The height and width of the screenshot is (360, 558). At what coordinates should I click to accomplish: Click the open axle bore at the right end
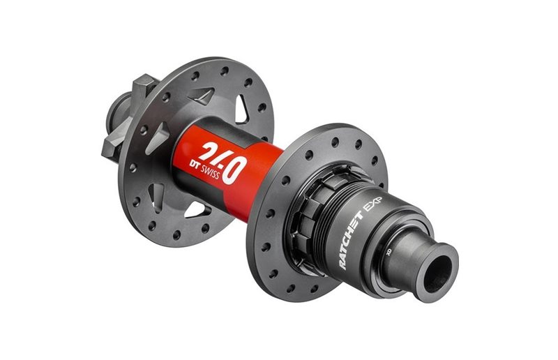438,264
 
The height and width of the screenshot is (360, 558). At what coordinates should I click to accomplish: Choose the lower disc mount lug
112,144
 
